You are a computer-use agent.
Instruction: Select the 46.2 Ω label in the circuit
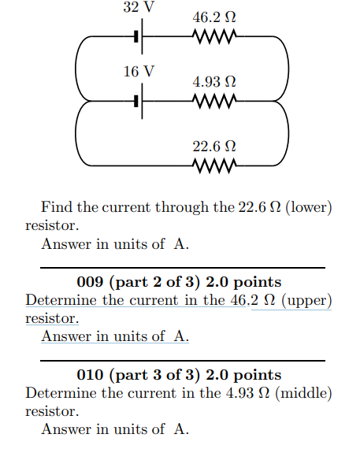(x=213, y=17)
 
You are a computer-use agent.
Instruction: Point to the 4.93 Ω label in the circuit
(x=213, y=81)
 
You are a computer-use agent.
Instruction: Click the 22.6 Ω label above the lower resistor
(x=213, y=146)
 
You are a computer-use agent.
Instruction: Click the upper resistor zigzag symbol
(x=213, y=36)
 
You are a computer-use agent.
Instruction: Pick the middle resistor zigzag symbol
(x=213, y=101)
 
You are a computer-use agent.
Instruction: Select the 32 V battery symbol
(x=139, y=36)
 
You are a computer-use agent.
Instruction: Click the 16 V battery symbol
(x=139, y=101)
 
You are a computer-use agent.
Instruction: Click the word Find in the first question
(x=55, y=208)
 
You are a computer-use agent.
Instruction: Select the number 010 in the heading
(x=91, y=375)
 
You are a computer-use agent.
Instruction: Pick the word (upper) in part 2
(x=306, y=300)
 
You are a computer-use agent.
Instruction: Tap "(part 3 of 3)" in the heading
(x=152, y=375)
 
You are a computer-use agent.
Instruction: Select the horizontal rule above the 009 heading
(x=182, y=268)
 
